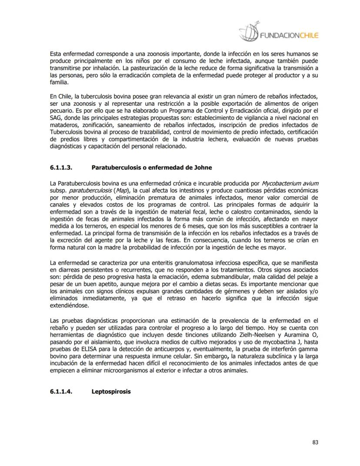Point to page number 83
pos(316,443)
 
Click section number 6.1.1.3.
pos(61,168)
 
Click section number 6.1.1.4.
pos(61,391)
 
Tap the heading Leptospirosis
pos(111,391)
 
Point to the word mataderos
pos(64,125)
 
